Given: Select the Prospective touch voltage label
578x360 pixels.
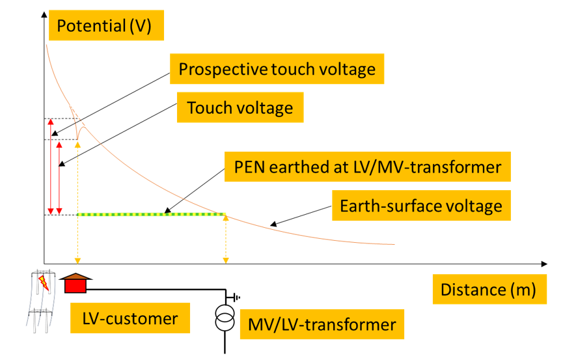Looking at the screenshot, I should coord(277,68).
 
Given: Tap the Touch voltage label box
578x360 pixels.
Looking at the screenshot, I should coord(240,107).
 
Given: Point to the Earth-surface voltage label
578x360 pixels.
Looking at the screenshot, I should coord(421,206).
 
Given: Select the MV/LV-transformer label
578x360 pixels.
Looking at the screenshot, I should coord(322,324).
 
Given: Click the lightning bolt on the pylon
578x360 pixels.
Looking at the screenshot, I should coord(44,283).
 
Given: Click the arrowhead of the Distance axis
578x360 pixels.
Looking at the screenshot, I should coord(544,264).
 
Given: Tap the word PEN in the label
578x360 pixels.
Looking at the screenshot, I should coord(248,167).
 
